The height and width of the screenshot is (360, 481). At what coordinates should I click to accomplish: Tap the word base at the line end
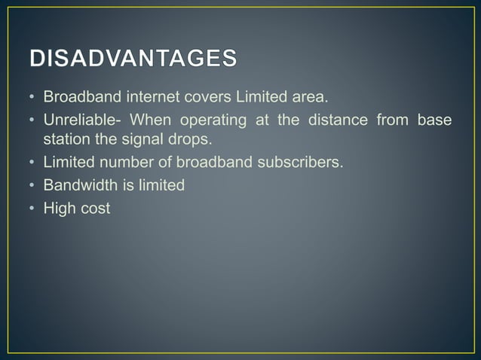click(x=437, y=122)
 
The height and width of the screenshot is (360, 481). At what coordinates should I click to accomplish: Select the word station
click(x=66, y=140)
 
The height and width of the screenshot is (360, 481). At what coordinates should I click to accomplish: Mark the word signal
click(x=145, y=140)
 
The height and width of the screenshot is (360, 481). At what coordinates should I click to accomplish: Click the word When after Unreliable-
click(x=150, y=122)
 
